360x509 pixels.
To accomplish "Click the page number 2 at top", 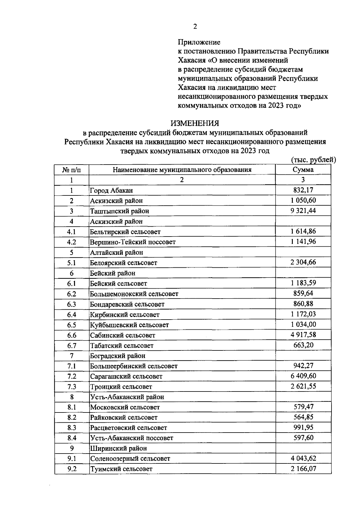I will pyautogui.click(x=195, y=27).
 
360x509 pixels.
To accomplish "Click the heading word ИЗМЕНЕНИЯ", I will pyautogui.click(x=195, y=123).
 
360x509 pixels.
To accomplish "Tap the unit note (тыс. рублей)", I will pyautogui.click(x=313, y=160).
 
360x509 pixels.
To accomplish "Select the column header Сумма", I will pyautogui.click(x=303, y=170).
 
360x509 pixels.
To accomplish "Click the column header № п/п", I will pyautogui.click(x=71, y=170).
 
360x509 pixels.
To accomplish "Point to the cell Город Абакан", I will pyautogui.click(x=112, y=190).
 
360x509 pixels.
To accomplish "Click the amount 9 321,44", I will pyautogui.click(x=303, y=211).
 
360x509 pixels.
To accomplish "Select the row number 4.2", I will pyautogui.click(x=71, y=242).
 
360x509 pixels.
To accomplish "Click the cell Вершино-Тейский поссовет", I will pyautogui.click(x=133, y=242).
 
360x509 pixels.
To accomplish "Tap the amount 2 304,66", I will pyautogui.click(x=303, y=262).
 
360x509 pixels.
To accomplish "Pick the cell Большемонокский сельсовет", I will pyautogui.click(x=134, y=294).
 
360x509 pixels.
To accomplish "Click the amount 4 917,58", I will pyautogui.click(x=303, y=335).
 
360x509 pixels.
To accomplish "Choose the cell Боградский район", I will pyautogui.click(x=118, y=356).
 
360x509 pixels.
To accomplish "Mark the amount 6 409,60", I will pyautogui.click(x=303, y=376).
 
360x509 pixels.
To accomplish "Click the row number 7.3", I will pyautogui.click(x=71, y=387).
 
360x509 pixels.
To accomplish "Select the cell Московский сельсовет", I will pyautogui.click(x=125, y=407).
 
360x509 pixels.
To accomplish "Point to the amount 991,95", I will pyautogui.click(x=303, y=427).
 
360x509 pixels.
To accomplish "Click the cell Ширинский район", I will pyautogui.click(x=118, y=448).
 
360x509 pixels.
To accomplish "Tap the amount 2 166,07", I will pyautogui.click(x=303, y=469).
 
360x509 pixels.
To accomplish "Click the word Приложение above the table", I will pyautogui.click(x=199, y=42).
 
